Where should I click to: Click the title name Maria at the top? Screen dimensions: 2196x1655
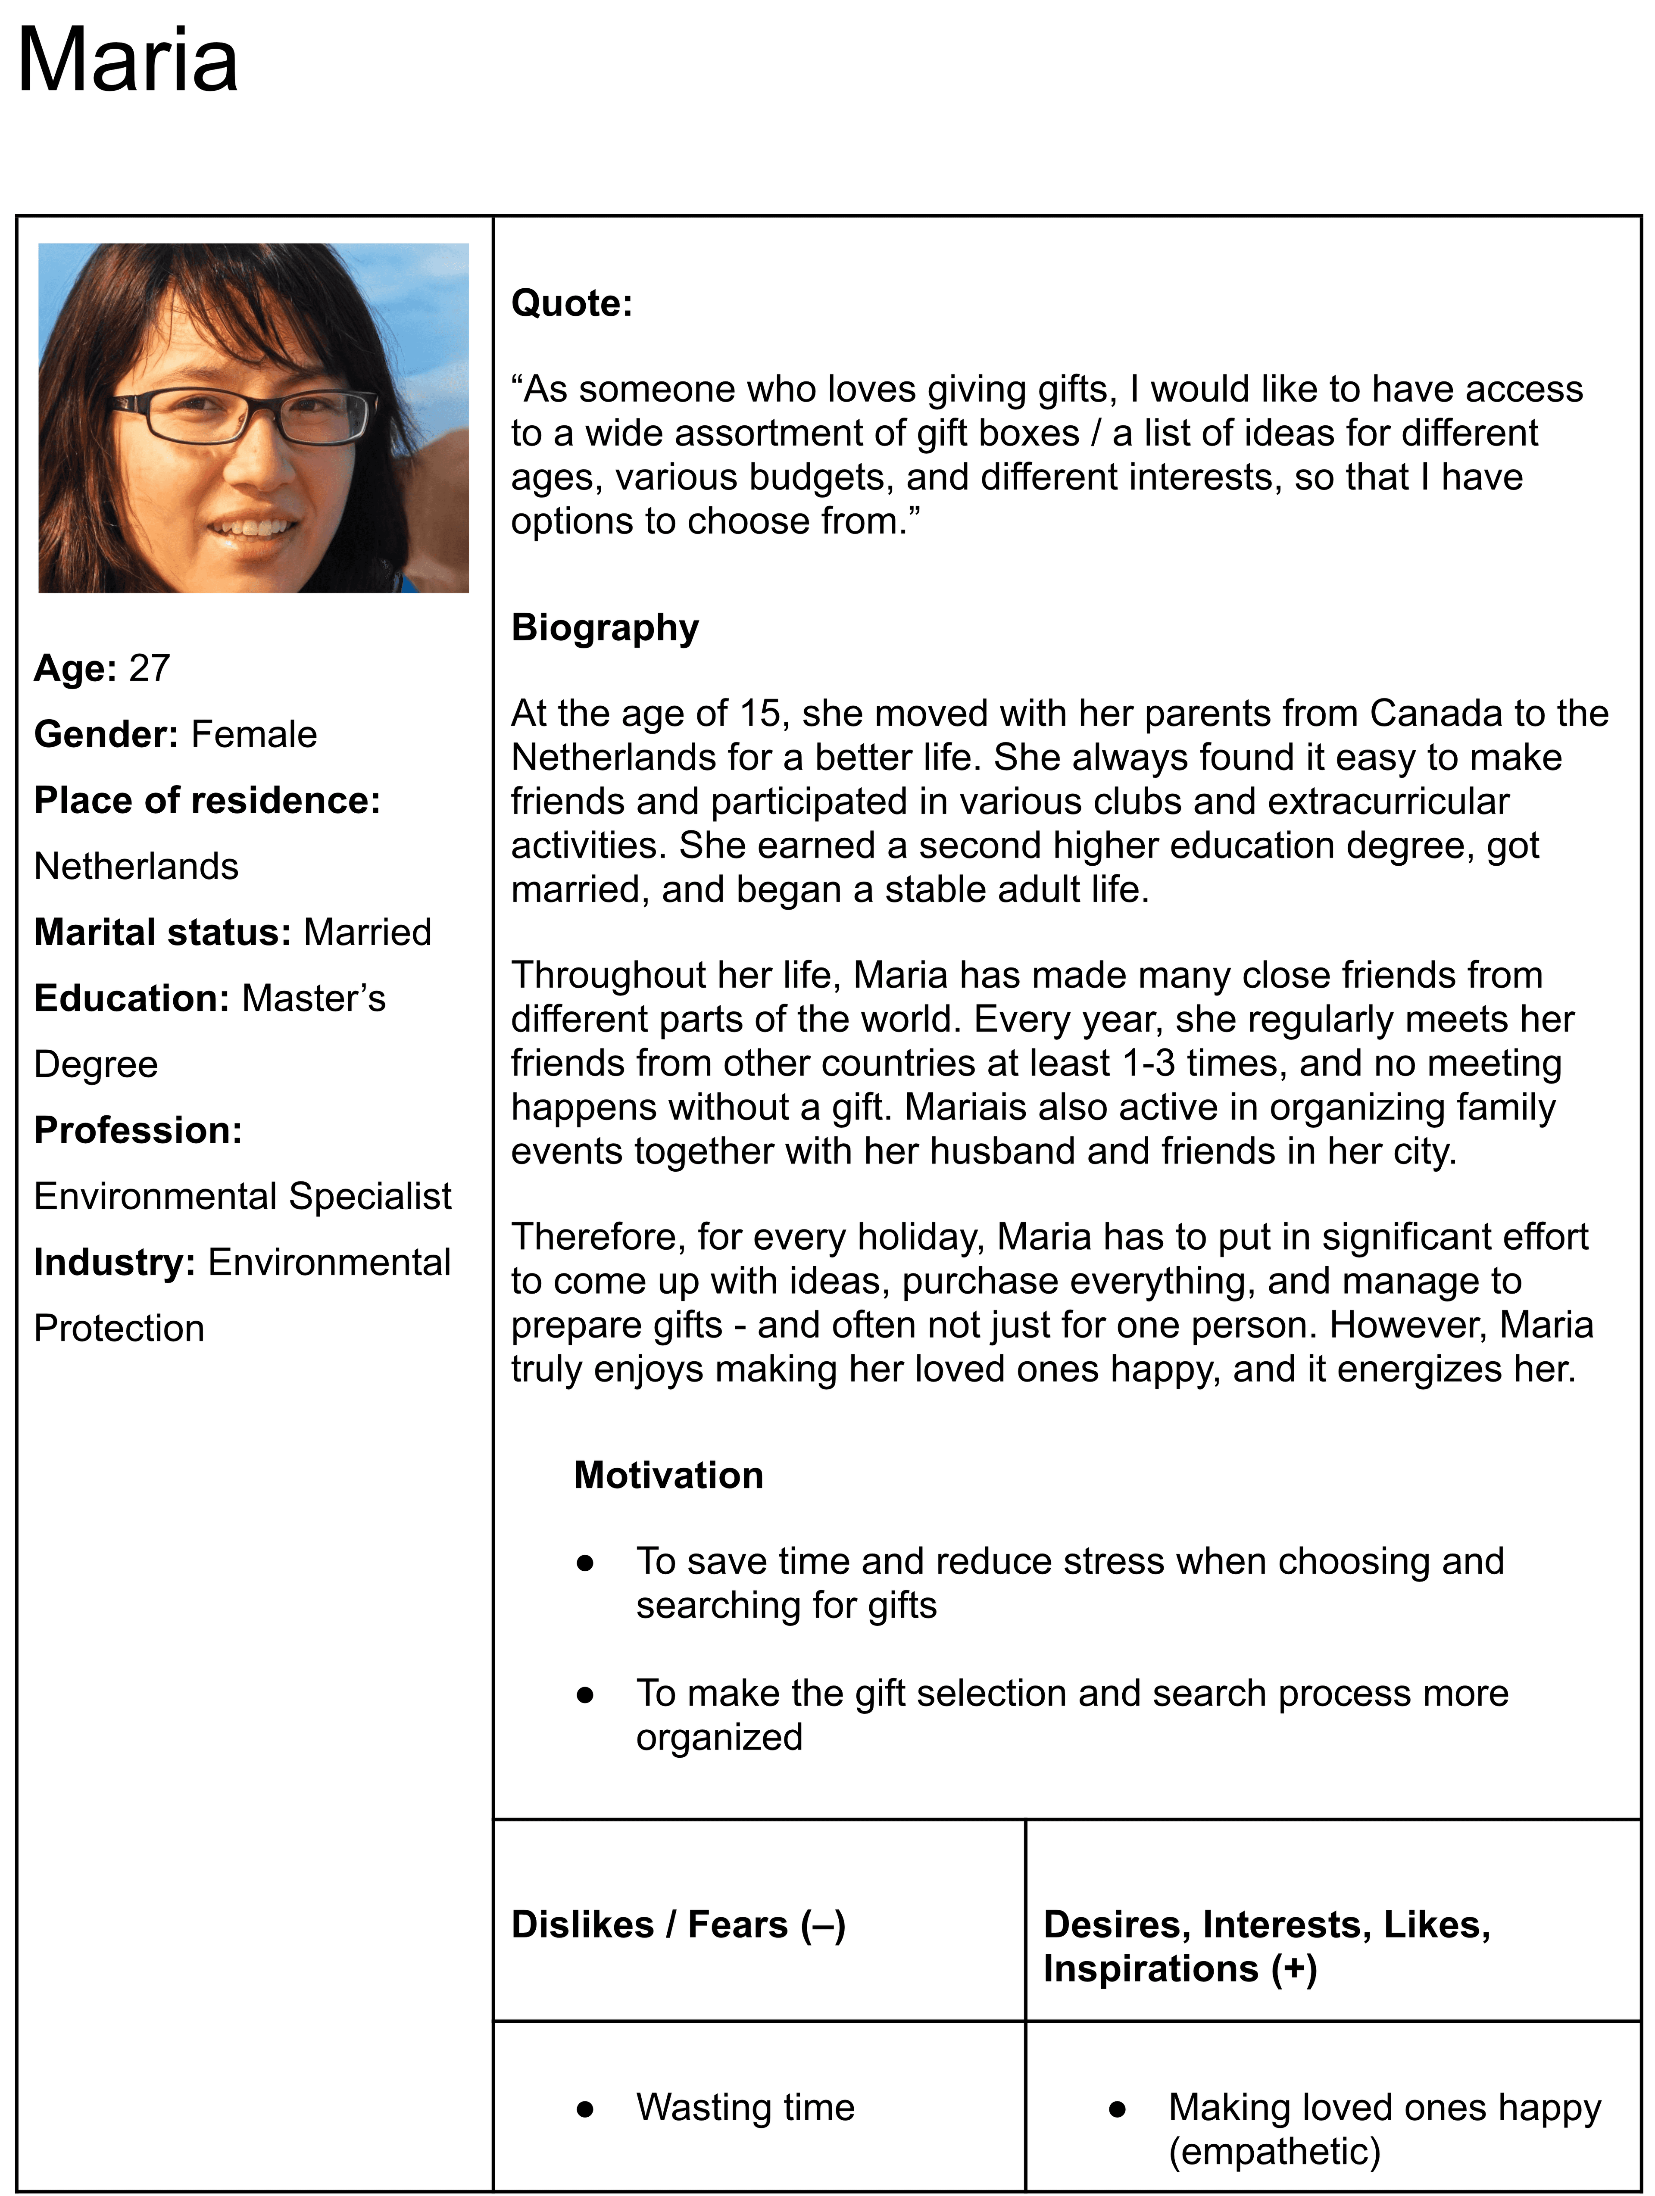127,61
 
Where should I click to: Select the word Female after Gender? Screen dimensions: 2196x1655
254,735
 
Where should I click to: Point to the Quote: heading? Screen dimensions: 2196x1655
571,303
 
